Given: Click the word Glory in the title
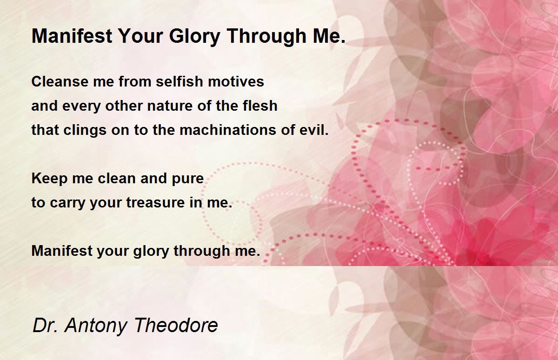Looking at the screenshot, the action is pyautogui.click(x=194, y=37).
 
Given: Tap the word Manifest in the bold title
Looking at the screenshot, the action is pyautogui.click(x=72, y=36).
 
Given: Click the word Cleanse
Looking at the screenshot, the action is pyautogui.click(x=60, y=81).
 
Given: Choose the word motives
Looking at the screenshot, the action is pyautogui.click(x=236, y=82).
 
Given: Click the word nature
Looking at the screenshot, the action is pyautogui.click(x=170, y=106).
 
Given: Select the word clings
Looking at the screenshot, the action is pyautogui.click(x=85, y=130).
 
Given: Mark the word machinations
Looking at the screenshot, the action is pyautogui.click(x=228, y=130).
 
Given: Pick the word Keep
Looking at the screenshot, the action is pyautogui.click(x=50, y=179).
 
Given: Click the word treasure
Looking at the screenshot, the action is pyautogui.click(x=155, y=202).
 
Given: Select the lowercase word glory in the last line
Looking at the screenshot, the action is pyautogui.click(x=151, y=251).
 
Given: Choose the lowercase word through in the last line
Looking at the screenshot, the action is pyautogui.click(x=202, y=251).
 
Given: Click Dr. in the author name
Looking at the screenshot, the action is pyautogui.click(x=45, y=325).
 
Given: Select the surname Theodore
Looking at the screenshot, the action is pyautogui.click(x=176, y=325).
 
